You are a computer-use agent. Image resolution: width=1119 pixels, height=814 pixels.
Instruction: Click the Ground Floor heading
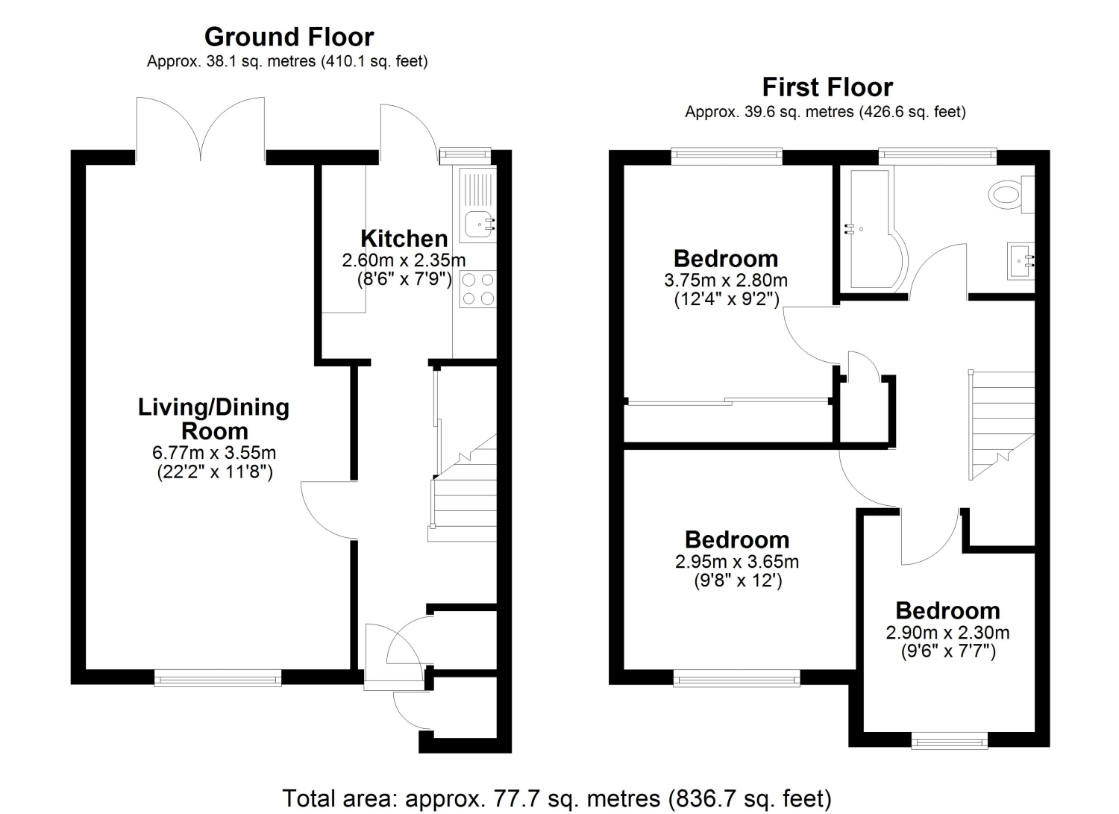[289, 37]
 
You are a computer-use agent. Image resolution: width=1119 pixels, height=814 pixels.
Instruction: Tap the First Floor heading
[827, 87]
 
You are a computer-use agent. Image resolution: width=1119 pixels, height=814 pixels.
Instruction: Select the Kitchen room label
[404, 239]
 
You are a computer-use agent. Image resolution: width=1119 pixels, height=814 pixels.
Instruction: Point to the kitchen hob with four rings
[478, 289]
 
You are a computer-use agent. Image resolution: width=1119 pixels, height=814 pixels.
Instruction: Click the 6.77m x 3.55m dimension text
[214, 453]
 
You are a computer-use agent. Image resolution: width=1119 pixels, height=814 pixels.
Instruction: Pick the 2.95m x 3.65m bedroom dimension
[737, 562]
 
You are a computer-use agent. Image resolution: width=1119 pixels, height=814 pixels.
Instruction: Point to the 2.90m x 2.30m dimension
[947, 633]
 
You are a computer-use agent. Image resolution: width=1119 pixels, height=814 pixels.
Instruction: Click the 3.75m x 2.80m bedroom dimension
[726, 281]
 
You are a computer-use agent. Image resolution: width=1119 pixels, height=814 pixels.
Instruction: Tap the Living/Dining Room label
[214, 419]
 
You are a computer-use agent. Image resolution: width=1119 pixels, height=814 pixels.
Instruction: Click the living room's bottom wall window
[218, 677]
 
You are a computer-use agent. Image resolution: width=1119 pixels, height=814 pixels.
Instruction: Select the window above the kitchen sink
[465, 156]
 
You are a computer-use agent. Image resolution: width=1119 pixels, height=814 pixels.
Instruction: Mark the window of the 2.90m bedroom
[950, 741]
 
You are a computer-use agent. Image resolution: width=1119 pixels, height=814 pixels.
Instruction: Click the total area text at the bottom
[557, 798]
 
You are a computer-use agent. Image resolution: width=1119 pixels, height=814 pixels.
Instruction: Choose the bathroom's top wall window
[938, 156]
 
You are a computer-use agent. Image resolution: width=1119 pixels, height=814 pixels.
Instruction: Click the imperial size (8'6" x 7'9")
[404, 279]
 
